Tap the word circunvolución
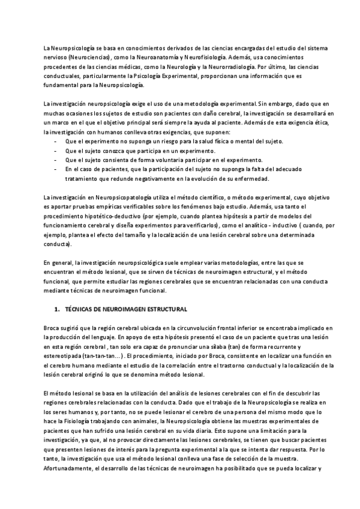170,327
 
